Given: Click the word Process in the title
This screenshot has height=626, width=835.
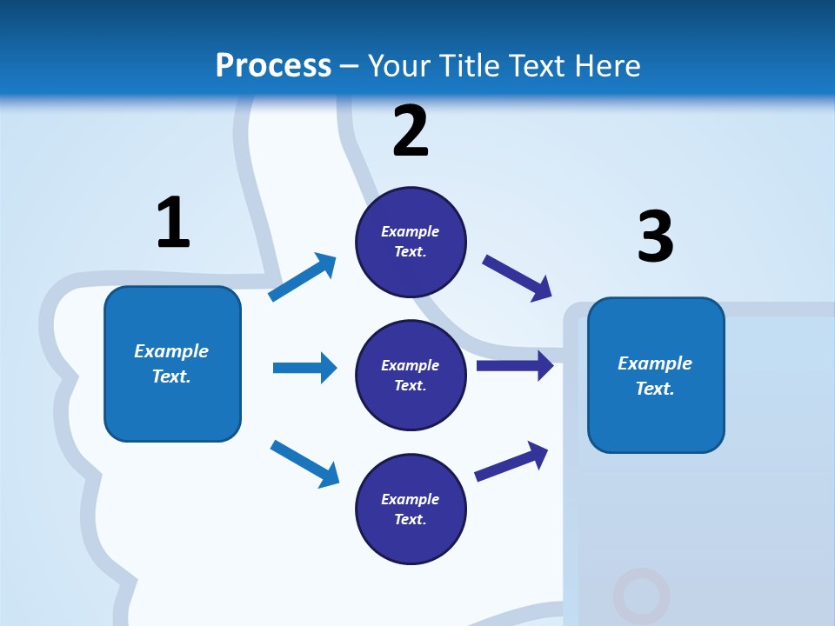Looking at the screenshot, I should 273,66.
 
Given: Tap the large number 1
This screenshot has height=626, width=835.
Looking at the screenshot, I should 172,223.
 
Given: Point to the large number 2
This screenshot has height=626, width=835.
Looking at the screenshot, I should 411,131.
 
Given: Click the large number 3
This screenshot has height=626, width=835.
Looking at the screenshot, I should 655,236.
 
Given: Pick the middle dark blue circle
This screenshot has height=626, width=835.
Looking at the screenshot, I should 411,375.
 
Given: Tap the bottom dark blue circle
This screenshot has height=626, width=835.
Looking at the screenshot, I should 411,509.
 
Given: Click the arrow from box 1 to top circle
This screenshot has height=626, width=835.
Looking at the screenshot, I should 303,277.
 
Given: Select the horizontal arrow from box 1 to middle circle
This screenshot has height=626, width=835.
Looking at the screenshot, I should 304,368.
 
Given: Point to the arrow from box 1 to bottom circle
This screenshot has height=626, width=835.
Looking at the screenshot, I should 304,463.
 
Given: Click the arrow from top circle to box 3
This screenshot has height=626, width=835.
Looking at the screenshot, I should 518,278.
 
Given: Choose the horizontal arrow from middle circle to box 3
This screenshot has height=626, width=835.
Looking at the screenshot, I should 514,366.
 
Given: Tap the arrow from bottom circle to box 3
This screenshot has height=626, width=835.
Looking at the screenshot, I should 511,462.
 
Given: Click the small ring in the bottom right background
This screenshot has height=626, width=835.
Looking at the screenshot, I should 641,596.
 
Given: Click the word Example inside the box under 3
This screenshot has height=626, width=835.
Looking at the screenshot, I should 655,363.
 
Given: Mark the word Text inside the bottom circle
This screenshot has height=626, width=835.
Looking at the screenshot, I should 409,519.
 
